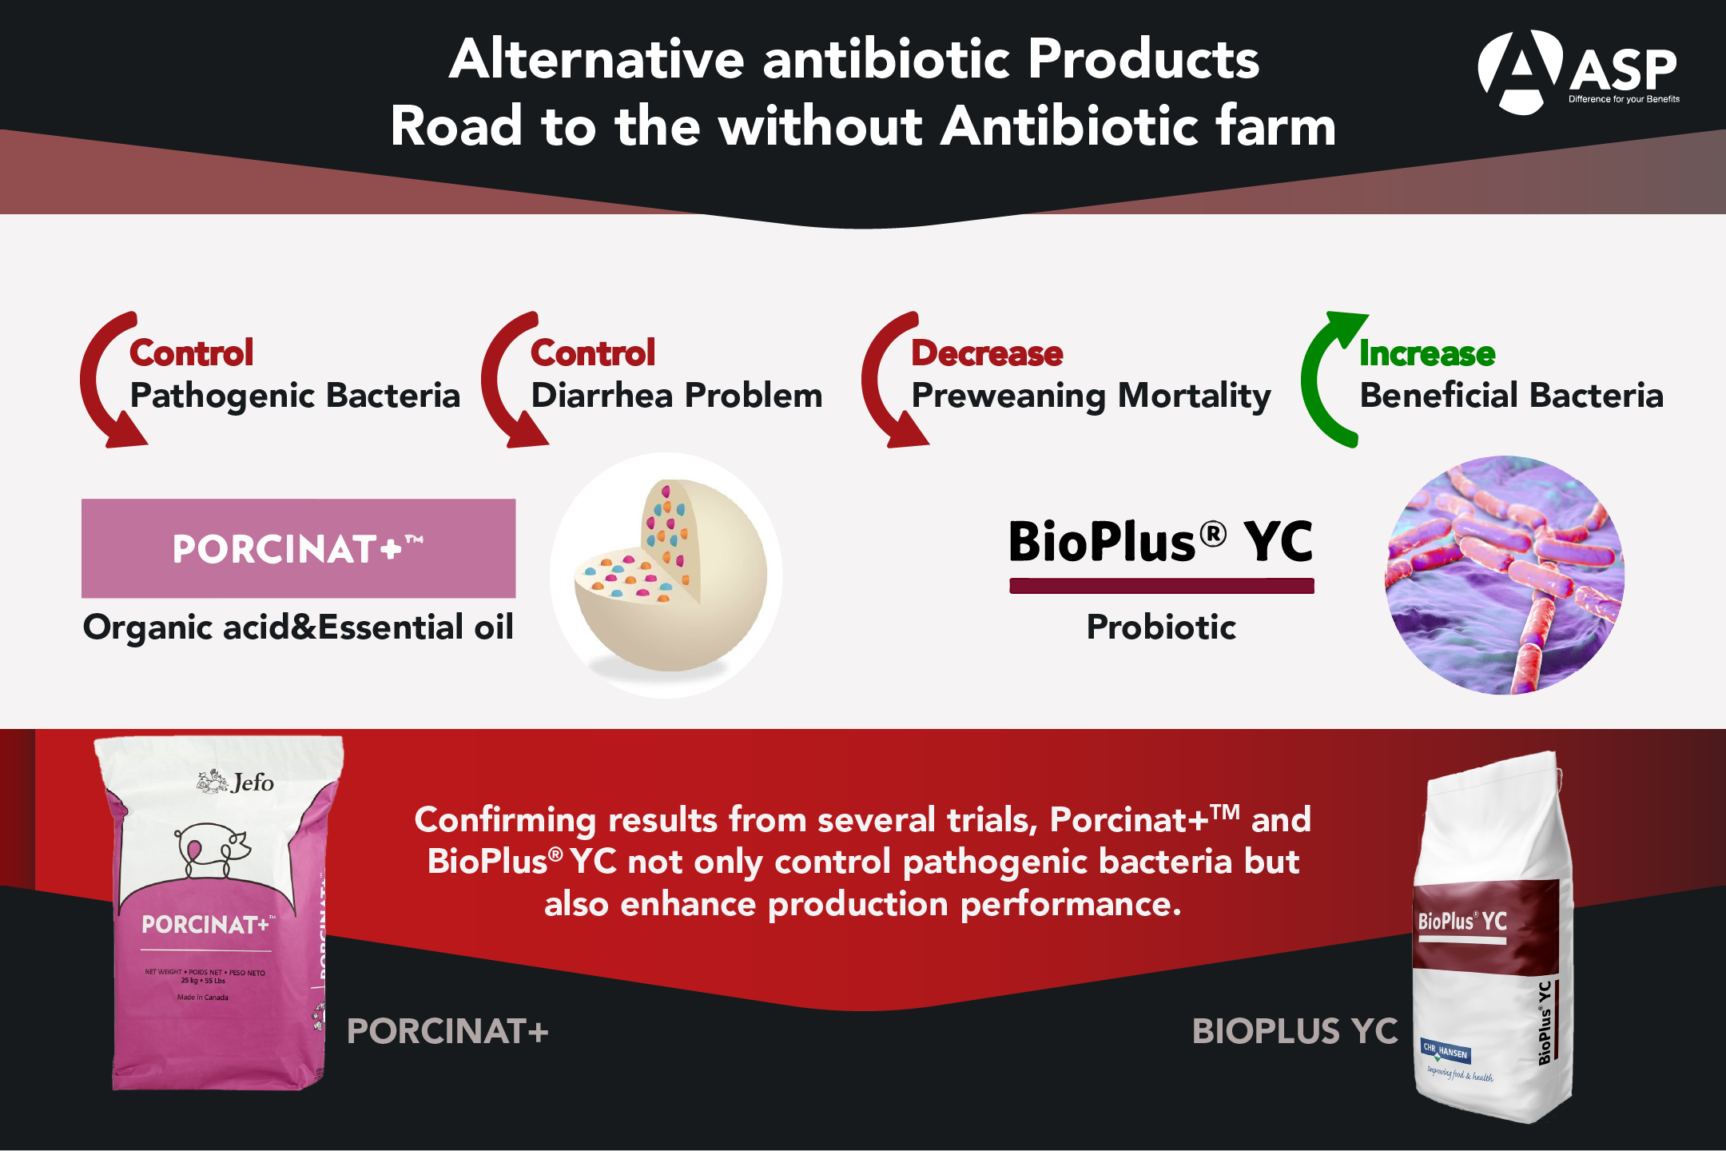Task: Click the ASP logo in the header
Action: click(1577, 72)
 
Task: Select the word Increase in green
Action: click(1427, 353)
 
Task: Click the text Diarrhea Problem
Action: click(677, 396)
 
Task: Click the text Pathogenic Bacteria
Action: click(295, 396)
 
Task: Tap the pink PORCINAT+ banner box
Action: click(298, 548)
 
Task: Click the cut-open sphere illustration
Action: click(667, 575)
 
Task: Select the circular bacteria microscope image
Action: click(1504, 575)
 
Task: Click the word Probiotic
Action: click(1161, 627)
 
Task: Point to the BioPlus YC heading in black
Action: click(1160, 542)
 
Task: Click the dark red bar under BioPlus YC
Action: click(1161, 586)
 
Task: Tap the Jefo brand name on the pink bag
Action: click(252, 783)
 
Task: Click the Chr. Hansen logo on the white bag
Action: click(1446, 1052)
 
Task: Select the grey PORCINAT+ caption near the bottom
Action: click(447, 1031)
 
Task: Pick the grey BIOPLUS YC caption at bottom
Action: click(1294, 1031)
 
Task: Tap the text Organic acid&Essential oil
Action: click(298, 627)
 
